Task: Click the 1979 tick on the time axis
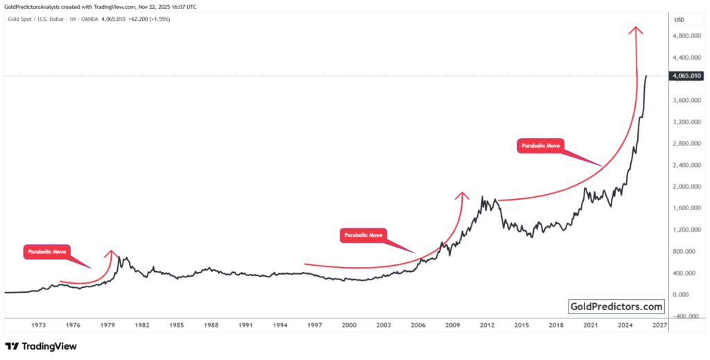pyautogui.click(x=107, y=325)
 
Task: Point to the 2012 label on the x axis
pyautogui.click(x=487, y=325)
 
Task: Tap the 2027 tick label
pyautogui.click(x=659, y=325)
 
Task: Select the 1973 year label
pyautogui.click(x=39, y=325)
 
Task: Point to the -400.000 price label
pyautogui.click(x=686, y=316)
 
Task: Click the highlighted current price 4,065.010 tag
pyautogui.click(x=686, y=76)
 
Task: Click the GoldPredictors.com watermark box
pyautogui.click(x=616, y=306)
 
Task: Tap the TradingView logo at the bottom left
pyautogui.click(x=41, y=345)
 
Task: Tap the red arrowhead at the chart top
pyautogui.click(x=635, y=30)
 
